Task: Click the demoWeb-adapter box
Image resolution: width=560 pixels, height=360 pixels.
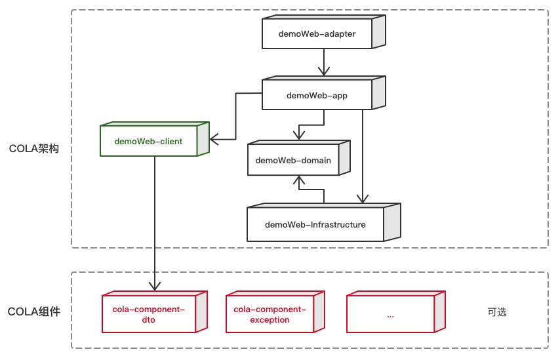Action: click(x=317, y=34)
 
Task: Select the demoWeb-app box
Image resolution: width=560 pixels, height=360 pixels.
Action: click(x=317, y=95)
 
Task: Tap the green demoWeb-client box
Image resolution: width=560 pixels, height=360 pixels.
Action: click(x=149, y=141)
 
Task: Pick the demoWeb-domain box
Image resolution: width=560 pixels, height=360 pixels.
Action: click(x=293, y=160)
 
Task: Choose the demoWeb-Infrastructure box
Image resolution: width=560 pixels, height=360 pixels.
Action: click(x=315, y=224)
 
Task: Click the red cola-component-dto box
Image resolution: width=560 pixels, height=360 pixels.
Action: click(x=149, y=314)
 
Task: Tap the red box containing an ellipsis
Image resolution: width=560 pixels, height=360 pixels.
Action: click(x=390, y=314)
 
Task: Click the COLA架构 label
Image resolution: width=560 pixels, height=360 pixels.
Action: click(x=34, y=149)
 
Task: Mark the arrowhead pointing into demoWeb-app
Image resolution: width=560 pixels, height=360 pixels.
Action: click(x=322, y=73)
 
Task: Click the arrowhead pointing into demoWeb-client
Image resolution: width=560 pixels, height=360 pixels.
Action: click(x=214, y=138)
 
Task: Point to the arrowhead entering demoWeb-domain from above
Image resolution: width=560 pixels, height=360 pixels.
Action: click(x=299, y=135)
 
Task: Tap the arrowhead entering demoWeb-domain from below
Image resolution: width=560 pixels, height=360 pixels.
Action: click(x=299, y=180)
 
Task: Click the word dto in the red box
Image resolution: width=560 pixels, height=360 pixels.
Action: click(x=149, y=320)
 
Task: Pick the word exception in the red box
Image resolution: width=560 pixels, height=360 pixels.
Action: click(x=270, y=320)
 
